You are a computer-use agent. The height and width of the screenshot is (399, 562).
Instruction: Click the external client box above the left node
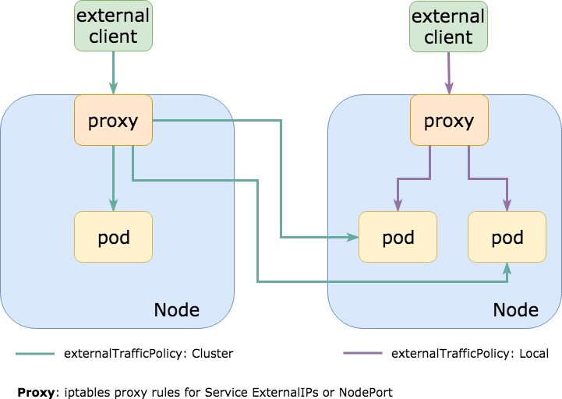[113, 25]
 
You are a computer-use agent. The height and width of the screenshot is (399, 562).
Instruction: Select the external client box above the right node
[448, 26]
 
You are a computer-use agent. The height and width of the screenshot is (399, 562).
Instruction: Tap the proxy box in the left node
[113, 120]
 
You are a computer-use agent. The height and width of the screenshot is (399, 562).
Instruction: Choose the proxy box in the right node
[449, 121]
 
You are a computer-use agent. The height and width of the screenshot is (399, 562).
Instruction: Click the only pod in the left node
[113, 237]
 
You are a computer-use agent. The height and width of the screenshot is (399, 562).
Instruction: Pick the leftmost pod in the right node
[398, 237]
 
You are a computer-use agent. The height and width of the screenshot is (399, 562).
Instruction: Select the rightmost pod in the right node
[507, 237]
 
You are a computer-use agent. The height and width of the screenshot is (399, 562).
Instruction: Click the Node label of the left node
[176, 309]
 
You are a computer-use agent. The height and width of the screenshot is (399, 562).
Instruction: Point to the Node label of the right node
[515, 309]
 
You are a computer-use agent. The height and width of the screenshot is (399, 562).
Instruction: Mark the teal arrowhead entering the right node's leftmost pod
[354, 237]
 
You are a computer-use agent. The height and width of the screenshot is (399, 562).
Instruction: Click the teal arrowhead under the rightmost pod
[507, 267]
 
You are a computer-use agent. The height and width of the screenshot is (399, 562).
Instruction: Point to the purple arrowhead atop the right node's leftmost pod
[398, 207]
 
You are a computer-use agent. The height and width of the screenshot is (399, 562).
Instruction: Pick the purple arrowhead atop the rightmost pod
[507, 207]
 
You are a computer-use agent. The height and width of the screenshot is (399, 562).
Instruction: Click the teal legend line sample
[35, 354]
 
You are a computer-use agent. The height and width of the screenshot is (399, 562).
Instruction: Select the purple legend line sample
[363, 353]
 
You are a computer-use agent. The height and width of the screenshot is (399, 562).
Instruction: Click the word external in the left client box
[113, 16]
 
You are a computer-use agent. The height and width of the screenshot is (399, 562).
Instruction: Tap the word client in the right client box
[448, 37]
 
